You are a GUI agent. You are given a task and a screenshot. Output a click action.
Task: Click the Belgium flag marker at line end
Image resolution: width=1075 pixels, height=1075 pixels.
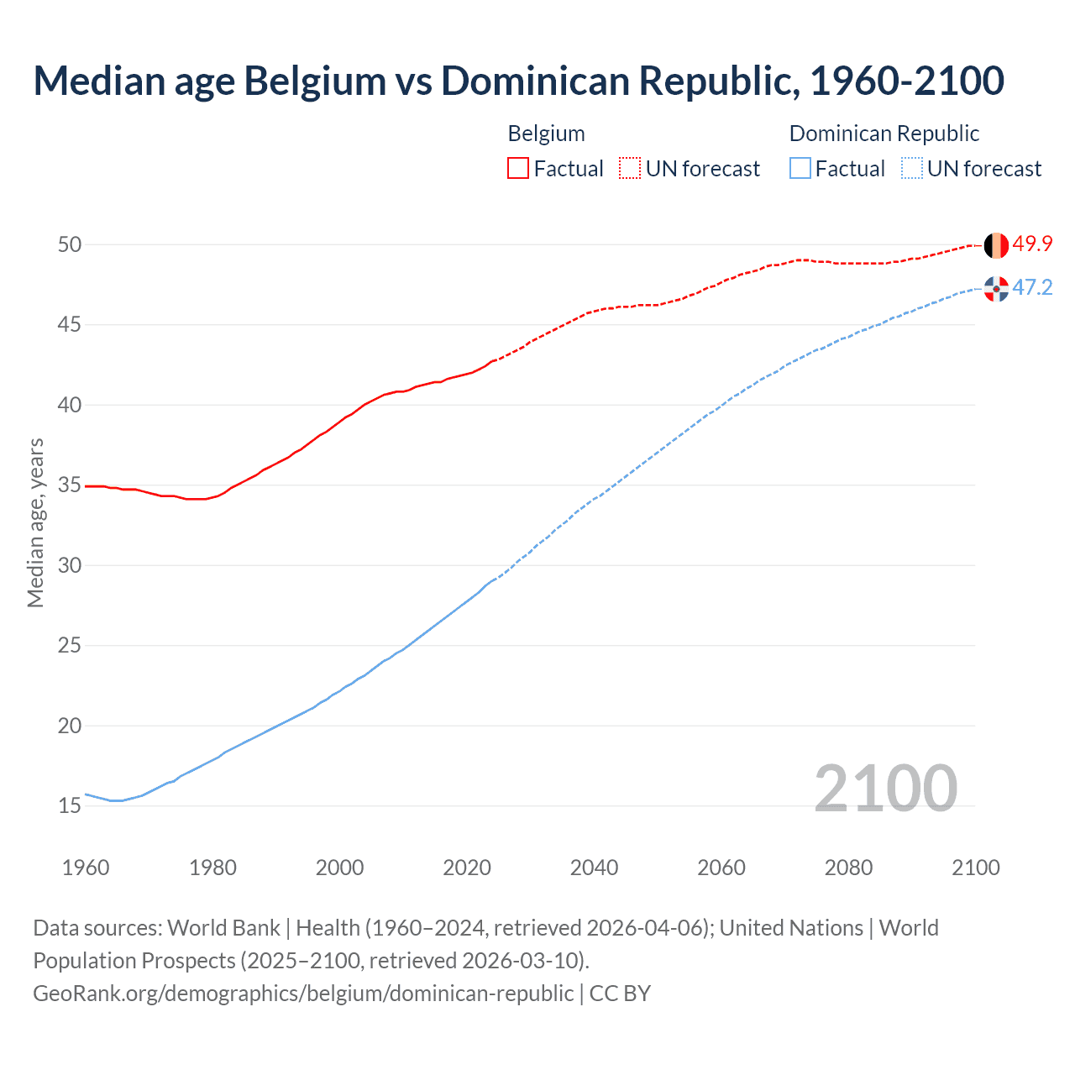[996, 245]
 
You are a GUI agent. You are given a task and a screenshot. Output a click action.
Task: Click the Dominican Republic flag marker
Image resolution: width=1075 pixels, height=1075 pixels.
[996, 289]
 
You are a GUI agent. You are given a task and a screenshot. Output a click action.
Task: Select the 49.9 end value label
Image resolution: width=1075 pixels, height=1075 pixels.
[1032, 244]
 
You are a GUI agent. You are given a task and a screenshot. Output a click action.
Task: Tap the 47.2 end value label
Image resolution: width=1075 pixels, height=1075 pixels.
[1032, 287]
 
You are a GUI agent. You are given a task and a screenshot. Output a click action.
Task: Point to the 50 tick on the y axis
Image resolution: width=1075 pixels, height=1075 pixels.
[70, 244]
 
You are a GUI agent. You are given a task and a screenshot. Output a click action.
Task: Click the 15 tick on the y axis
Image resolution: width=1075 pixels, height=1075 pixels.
[70, 805]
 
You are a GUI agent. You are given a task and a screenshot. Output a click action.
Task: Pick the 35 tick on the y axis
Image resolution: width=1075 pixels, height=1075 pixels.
[70, 485]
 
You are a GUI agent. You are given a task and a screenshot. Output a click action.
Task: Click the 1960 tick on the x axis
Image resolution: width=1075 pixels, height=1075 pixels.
[86, 868]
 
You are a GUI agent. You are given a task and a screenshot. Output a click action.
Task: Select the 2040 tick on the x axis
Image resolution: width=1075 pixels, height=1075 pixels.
[594, 868]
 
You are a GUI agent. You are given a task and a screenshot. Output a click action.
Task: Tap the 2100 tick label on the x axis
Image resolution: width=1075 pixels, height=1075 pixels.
[975, 868]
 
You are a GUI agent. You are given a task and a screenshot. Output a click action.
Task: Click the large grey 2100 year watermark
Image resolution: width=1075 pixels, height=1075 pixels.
[885, 788]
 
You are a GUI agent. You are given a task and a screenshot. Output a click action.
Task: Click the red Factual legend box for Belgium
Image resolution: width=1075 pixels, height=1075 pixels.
[518, 169]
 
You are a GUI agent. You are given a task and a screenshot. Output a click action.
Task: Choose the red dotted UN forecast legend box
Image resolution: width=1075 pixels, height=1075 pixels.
[630, 169]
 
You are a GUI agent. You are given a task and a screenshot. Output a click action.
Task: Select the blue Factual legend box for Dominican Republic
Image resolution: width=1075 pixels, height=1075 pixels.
[800, 169]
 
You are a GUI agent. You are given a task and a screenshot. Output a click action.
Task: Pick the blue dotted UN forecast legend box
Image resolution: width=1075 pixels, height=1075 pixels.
[912, 169]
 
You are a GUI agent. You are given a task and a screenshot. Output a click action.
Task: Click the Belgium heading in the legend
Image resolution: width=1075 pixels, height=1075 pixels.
[546, 134]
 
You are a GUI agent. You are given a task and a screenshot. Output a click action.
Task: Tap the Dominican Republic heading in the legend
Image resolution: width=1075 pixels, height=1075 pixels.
[884, 134]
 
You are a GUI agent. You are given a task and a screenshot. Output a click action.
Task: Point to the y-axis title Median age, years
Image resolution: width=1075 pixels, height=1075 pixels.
[35, 522]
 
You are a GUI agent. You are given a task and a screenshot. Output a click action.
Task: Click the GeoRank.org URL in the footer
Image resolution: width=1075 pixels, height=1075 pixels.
[303, 993]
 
